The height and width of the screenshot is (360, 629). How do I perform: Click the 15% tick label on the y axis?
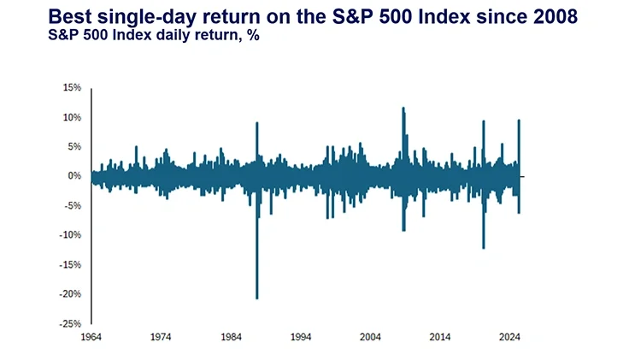pos(72,88)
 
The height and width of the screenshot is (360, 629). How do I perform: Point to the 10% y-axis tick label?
pos(72,117)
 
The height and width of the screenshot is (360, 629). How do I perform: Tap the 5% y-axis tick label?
pos(74,147)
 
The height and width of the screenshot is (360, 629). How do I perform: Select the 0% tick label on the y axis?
pos(74,176)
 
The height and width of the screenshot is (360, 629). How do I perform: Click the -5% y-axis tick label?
pos(73,206)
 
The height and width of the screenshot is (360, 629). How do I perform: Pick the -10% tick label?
pos(71,235)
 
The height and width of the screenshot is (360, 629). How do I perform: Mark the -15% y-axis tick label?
pos(71,265)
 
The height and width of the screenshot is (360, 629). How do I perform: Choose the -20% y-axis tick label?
pos(71,294)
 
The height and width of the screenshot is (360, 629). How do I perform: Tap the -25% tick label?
pos(71,324)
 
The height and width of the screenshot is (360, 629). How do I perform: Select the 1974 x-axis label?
pos(161,337)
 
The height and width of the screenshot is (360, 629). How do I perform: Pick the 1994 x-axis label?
pos(301,337)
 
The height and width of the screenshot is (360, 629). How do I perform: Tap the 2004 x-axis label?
pos(371,337)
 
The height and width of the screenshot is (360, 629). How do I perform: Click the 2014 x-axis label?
pos(441,337)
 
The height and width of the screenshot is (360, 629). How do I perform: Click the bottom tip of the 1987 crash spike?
pos(257,298)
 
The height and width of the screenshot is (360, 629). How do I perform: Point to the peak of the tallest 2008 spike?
pos(403,108)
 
